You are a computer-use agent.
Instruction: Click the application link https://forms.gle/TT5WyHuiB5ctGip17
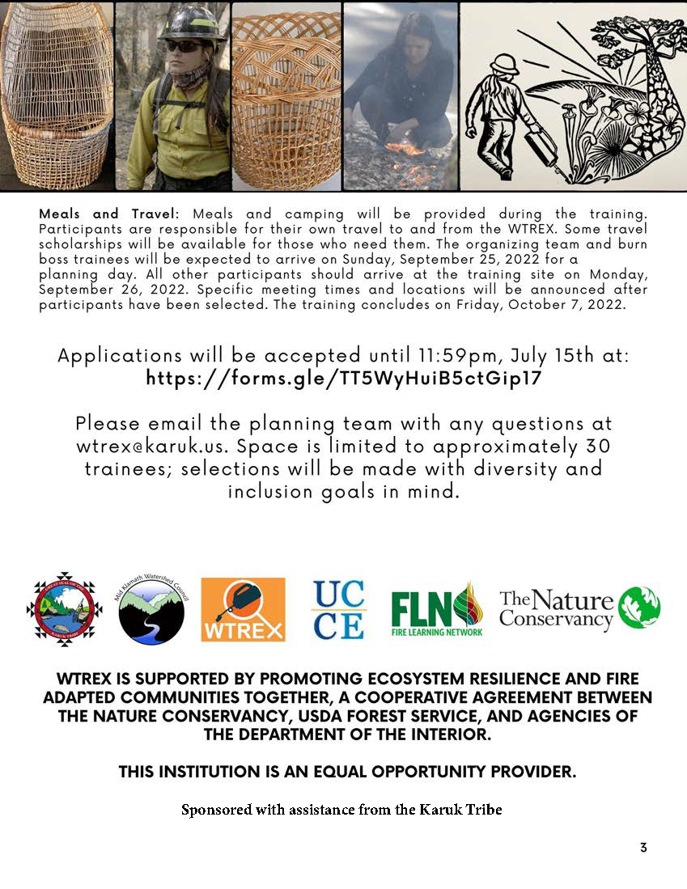pyautogui.click(x=343, y=379)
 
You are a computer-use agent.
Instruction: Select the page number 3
pyautogui.click(x=643, y=847)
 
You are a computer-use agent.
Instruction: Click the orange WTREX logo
pyautogui.click(x=243, y=609)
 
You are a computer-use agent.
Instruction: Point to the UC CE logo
pyautogui.click(x=338, y=609)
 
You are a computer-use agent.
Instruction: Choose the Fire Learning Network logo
pyautogui.click(x=437, y=609)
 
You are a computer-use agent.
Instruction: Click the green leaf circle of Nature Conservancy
pyautogui.click(x=639, y=608)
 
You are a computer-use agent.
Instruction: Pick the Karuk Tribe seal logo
pyautogui.click(x=64, y=609)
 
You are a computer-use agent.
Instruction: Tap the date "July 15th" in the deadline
pyautogui.click(x=557, y=356)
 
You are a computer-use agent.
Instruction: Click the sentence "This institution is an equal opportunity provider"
pyautogui.click(x=347, y=772)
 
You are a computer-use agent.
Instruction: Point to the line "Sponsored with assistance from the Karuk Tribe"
pyautogui.click(x=341, y=809)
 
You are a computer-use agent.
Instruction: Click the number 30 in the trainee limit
pyautogui.click(x=598, y=447)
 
